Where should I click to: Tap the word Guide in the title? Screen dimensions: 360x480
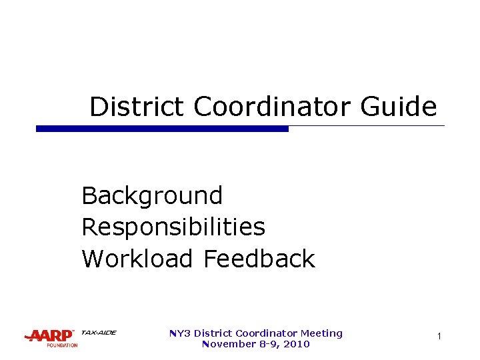(x=399, y=107)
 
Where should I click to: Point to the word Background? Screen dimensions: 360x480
(x=152, y=197)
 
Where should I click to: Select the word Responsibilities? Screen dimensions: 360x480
(x=173, y=227)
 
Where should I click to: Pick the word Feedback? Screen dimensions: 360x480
(x=259, y=259)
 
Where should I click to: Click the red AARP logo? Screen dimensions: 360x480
(x=49, y=336)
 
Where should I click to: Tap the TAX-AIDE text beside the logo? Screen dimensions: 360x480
(x=98, y=333)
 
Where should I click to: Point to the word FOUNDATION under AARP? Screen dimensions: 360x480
(x=62, y=345)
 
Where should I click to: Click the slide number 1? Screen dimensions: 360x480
(x=439, y=337)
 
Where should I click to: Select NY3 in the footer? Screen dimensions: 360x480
(x=179, y=333)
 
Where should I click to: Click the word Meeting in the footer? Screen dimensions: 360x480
(x=321, y=333)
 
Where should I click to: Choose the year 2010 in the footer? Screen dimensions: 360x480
(x=297, y=344)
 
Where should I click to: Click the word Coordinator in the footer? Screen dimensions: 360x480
(x=264, y=333)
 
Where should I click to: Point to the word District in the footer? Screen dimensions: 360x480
(x=211, y=333)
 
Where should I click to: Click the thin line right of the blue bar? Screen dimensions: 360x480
(x=367, y=126)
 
